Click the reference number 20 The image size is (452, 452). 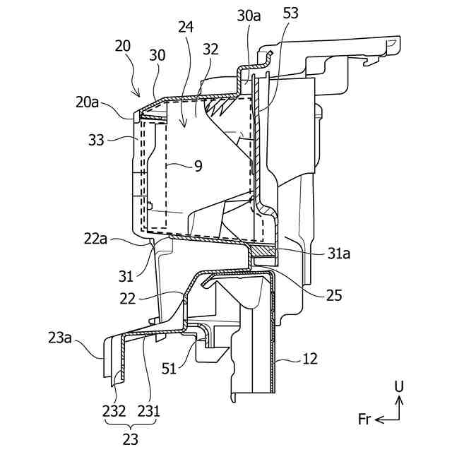click(122, 46)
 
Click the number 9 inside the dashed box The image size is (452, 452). click(198, 166)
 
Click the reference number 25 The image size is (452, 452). click(334, 295)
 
